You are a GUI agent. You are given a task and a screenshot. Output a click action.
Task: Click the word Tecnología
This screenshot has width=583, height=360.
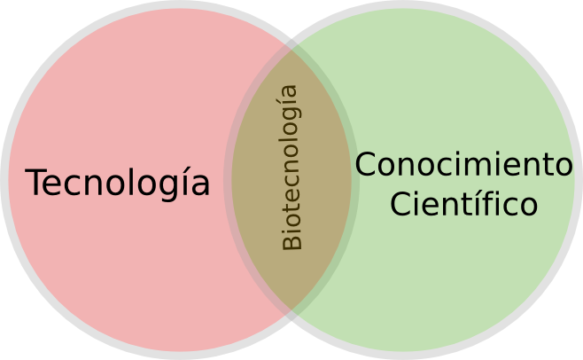[x=118, y=184]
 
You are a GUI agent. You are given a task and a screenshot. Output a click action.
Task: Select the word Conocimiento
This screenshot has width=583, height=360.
[x=463, y=165]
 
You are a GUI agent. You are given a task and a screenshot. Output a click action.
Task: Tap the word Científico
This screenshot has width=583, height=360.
[x=463, y=204]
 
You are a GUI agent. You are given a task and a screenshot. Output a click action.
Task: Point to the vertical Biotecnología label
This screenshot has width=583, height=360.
[x=291, y=167]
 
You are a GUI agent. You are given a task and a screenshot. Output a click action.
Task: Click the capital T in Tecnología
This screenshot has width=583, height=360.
[x=36, y=184]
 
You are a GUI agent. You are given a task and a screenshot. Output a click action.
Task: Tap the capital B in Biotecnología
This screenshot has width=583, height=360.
[x=291, y=241]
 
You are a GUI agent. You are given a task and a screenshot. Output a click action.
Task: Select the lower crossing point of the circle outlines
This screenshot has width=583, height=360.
[x=291, y=314]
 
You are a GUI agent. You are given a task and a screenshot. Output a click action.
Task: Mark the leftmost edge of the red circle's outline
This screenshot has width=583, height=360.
[x=4, y=180]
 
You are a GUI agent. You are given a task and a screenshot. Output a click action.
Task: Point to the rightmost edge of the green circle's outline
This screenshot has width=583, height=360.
[x=579, y=180]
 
